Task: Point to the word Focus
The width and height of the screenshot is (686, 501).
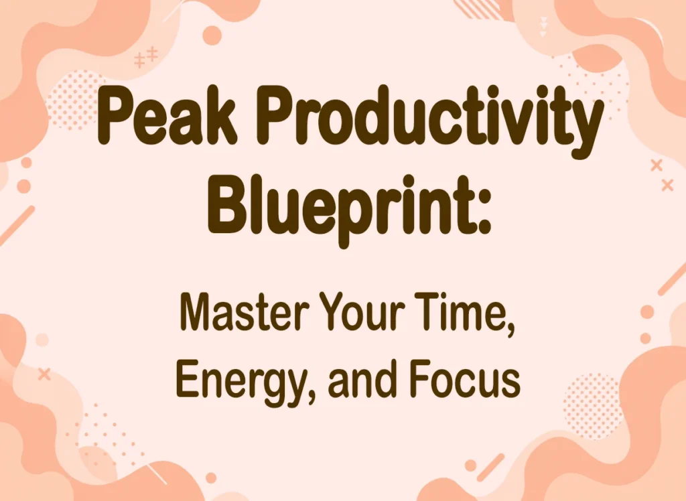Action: click(466, 378)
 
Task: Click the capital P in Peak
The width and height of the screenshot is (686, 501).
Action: click(115, 115)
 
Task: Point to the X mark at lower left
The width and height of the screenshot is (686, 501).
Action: click(44, 374)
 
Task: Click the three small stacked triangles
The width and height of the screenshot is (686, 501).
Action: click(544, 27)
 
